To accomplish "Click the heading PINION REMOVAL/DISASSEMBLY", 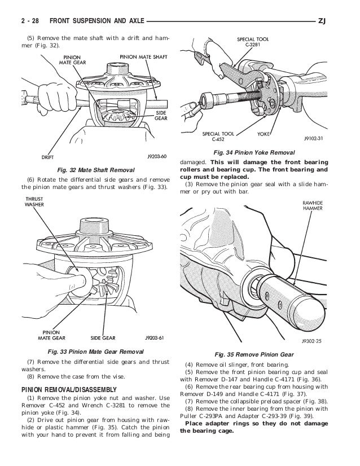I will (68, 389).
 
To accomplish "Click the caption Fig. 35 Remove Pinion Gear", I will (252, 354).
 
